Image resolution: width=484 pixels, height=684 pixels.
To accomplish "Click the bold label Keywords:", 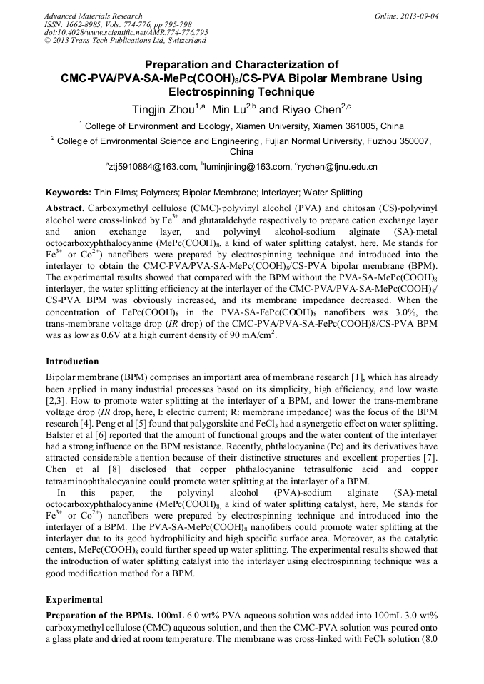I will tap(69, 193).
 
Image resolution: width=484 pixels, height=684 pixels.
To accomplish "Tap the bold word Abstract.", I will tap(65, 207).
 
